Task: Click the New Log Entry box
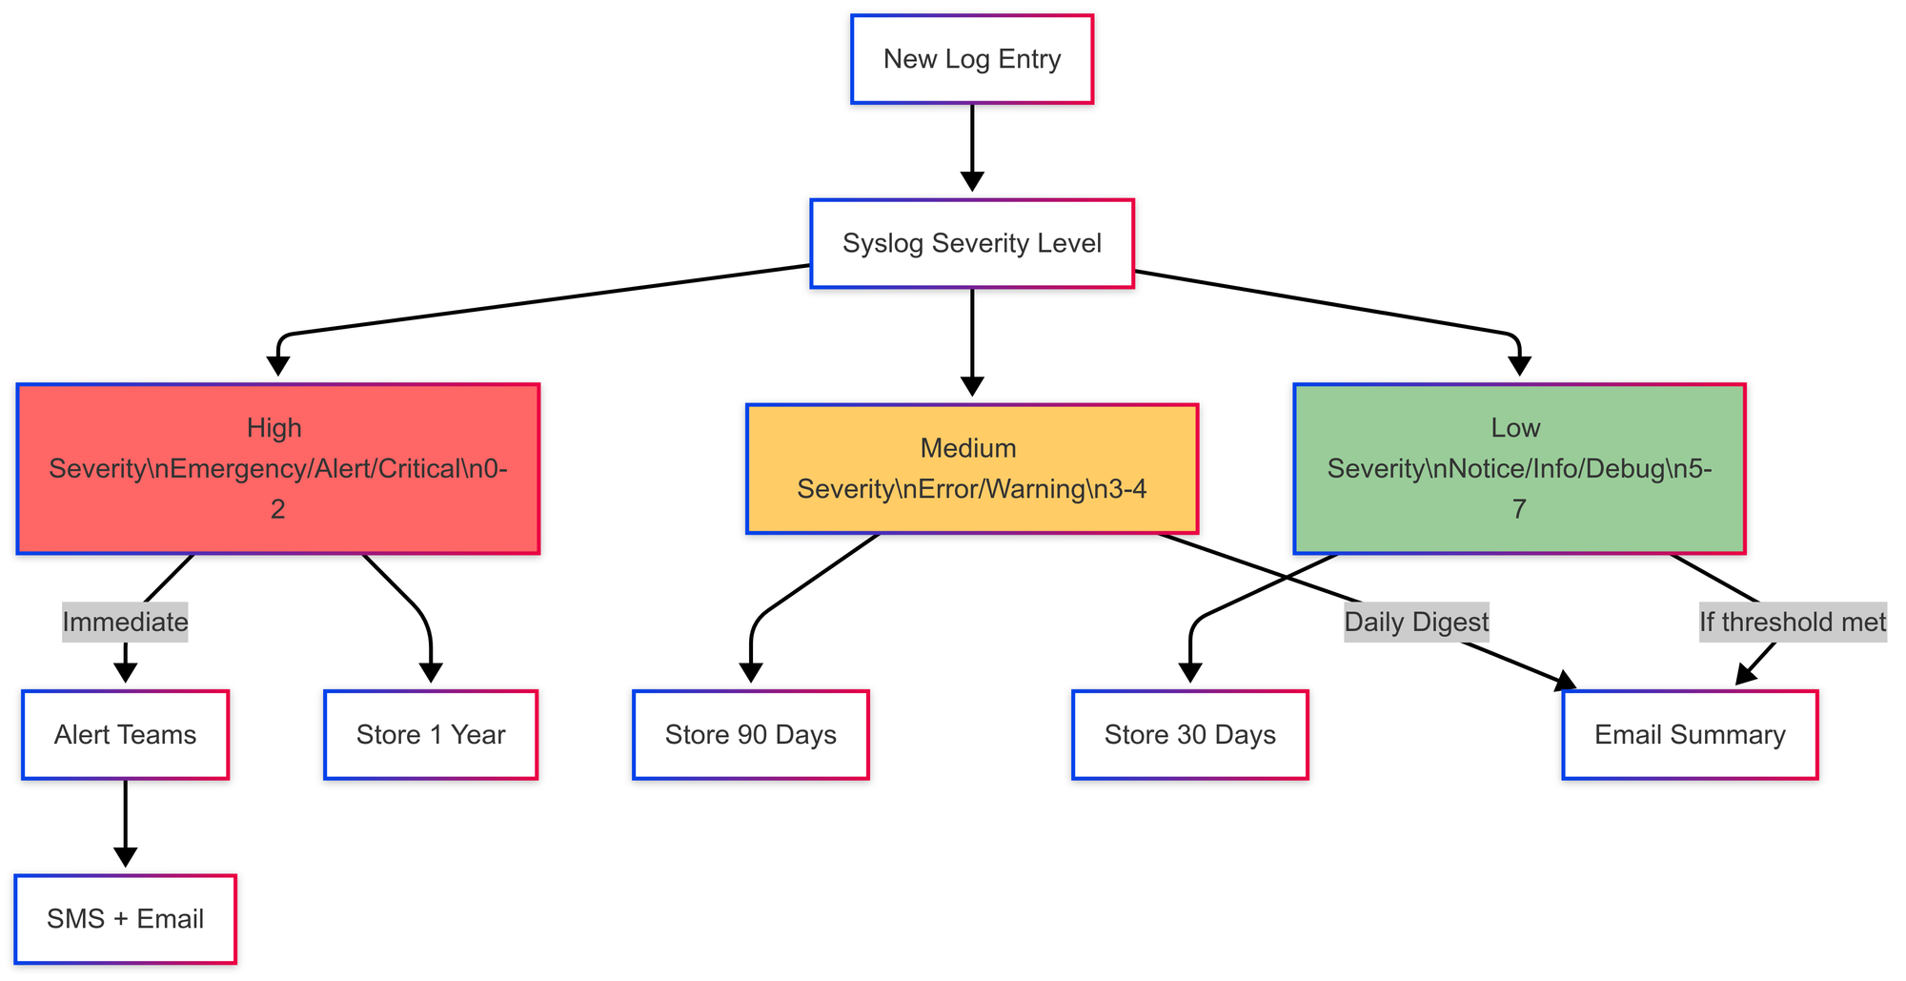pyautogui.click(x=971, y=59)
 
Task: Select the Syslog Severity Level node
pyautogui.click(x=971, y=243)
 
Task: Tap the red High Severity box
pyautogui.click(x=277, y=468)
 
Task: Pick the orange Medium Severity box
pyautogui.click(x=971, y=468)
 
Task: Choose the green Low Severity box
pyautogui.click(x=1518, y=468)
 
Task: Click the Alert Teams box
pyautogui.click(x=125, y=735)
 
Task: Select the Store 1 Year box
pyautogui.click(x=430, y=735)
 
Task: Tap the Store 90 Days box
pyautogui.click(x=750, y=735)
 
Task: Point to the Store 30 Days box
pyautogui.click(x=1189, y=735)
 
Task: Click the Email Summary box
pyautogui.click(x=1689, y=735)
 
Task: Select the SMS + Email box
pyautogui.click(x=125, y=919)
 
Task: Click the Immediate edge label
pyautogui.click(x=125, y=623)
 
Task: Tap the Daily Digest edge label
pyautogui.click(x=1416, y=623)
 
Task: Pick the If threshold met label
pyautogui.click(x=1792, y=623)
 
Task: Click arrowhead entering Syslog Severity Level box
pyautogui.click(x=971, y=182)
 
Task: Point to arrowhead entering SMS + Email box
pyautogui.click(x=125, y=858)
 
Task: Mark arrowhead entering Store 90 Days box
pyautogui.click(x=750, y=673)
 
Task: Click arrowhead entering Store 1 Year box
pyautogui.click(x=430, y=673)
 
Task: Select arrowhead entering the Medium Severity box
pyautogui.click(x=971, y=386)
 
